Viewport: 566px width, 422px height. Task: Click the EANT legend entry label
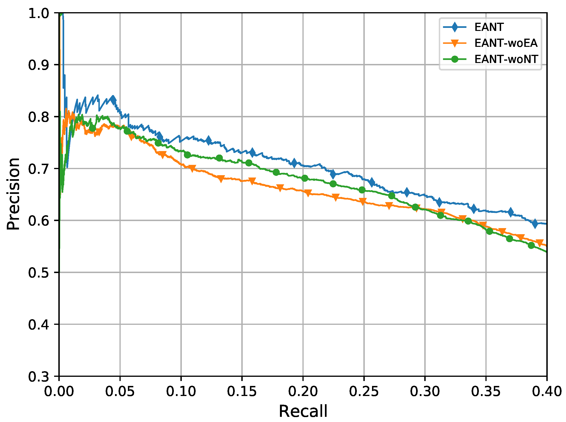point(489,27)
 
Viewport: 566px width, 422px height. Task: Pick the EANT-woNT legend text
point(506,59)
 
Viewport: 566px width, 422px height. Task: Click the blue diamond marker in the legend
point(454,27)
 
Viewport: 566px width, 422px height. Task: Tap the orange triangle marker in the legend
point(454,43)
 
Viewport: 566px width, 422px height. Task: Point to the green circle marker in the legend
point(454,59)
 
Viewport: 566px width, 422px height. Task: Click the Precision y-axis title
point(13,194)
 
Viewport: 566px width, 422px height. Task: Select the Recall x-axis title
point(303,411)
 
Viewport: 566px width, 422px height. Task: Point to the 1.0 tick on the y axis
point(38,13)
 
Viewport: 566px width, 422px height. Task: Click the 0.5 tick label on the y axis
point(38,273)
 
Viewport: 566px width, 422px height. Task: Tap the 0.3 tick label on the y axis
point(38,377)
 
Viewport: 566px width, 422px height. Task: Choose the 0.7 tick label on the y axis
point(38,169)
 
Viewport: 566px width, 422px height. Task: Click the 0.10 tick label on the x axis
point(181,391)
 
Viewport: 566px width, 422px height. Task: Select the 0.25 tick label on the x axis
point(364,391)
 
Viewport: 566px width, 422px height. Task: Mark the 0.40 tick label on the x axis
point(547,391)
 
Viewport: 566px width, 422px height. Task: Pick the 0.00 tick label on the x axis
point(59,391)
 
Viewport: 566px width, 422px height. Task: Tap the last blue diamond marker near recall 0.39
point(535,223)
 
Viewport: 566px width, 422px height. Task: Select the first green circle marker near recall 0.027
point(92,128)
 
